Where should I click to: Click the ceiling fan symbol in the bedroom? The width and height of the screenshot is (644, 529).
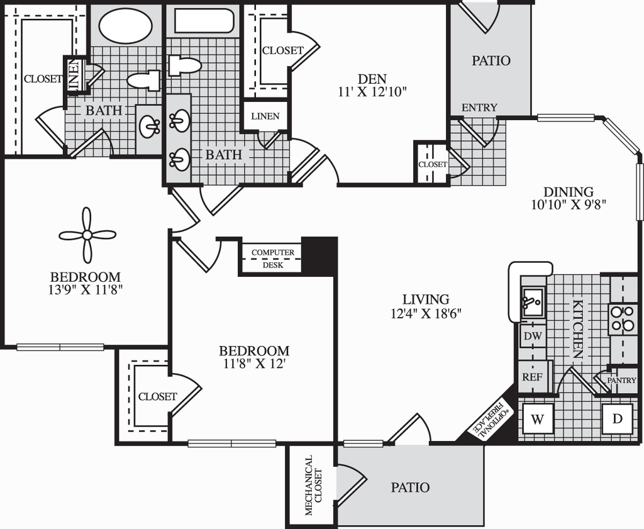point(87,235)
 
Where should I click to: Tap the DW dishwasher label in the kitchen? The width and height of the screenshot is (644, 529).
point(533,335)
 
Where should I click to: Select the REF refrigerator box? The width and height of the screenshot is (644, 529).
point(533,377)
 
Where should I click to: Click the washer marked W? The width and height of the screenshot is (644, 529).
point(538,420)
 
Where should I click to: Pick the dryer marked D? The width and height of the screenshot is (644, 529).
point(618,419)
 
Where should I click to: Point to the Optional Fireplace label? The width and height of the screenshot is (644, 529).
point(491,420)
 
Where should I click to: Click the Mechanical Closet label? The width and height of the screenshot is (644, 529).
point(313,485)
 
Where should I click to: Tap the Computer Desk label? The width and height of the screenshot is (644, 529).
point(273,259)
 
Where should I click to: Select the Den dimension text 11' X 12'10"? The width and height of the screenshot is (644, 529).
point(372,92)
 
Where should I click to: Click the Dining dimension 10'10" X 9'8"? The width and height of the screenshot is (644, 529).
point(569,204)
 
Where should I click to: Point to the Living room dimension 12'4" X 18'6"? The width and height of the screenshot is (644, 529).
point(426,314)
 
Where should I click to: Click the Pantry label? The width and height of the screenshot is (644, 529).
point(621,381)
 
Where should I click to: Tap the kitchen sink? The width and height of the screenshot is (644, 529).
point(533,303)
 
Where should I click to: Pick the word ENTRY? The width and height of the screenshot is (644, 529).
point(479,108)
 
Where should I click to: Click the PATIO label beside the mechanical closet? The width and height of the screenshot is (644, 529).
point(410,487)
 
